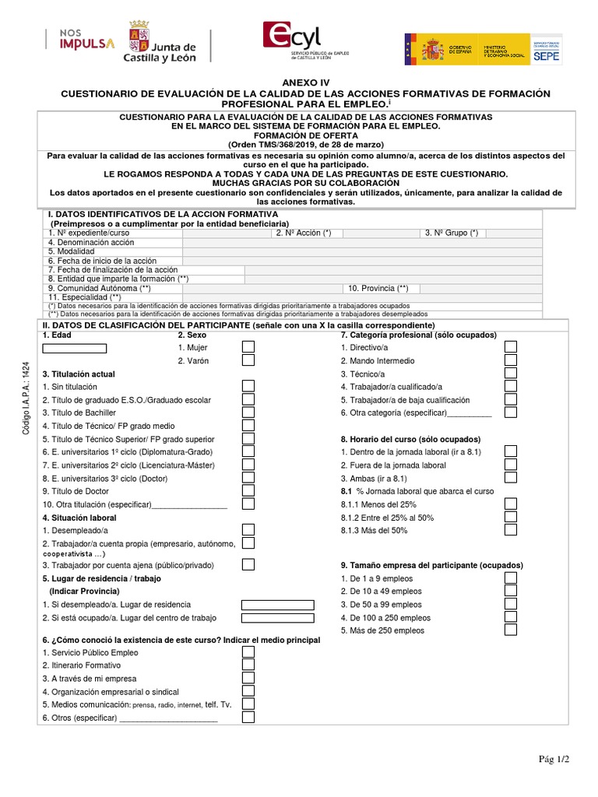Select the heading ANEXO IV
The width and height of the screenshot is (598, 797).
(x=299, y=82)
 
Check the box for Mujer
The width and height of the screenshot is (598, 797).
(x=248, y=347)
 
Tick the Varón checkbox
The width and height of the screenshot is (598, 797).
(x=248, y=360)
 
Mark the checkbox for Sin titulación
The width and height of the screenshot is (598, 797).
(x=248, y=386)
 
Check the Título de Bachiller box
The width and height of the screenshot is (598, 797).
(x=248, y=412)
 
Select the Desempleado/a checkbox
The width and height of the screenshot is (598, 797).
(x=248, y=530)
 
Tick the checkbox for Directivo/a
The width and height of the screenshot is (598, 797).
(x=511, y=347)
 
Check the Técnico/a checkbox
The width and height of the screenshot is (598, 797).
(x=511, y=373)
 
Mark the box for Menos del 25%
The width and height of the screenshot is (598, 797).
(x=511, y=504)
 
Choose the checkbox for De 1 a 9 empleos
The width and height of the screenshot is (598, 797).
(x=511, y=578)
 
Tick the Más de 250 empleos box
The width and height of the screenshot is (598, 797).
(x=511, y=630)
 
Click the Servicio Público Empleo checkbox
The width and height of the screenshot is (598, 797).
(x=248, y=652)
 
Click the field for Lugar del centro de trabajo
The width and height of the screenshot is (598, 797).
(x=277, y=618)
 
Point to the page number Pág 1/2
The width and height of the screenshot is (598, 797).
(x=554, y=759)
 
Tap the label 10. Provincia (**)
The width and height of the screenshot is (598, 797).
(x=378, y=287)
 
